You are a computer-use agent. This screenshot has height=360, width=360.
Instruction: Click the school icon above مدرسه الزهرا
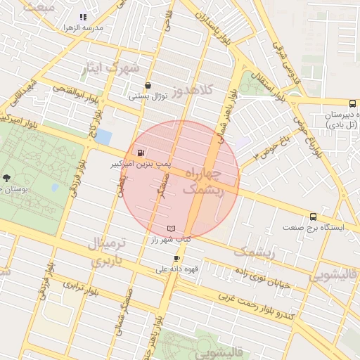82,16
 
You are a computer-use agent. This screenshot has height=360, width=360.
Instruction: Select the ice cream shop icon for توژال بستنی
147,86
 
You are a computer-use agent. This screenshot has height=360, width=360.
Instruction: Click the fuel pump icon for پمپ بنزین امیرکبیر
141,153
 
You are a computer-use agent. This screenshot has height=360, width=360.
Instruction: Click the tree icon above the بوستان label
7,178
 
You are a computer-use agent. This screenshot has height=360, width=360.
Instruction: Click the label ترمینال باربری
109,252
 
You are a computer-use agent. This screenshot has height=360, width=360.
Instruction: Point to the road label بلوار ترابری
79,289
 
